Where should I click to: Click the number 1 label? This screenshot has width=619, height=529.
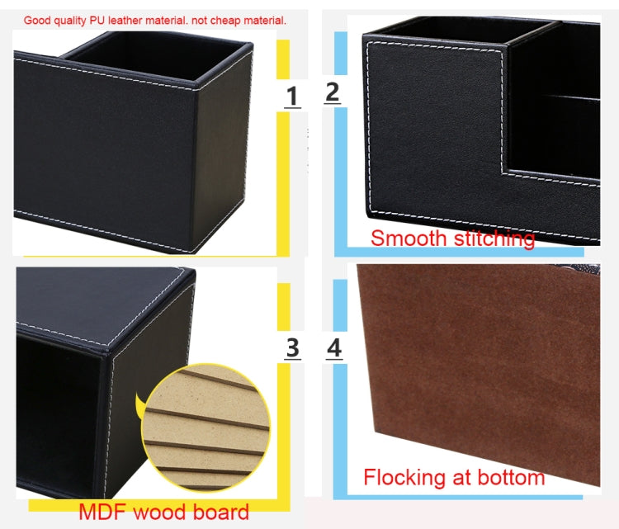pos(292,97)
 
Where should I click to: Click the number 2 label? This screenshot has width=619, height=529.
pos(332,92)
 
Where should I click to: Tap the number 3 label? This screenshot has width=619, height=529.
pos(292,348)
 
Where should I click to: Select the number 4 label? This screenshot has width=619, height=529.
pos(333,348)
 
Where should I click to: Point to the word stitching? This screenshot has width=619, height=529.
pos(491,239)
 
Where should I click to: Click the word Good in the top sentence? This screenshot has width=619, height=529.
pos(37,20)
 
